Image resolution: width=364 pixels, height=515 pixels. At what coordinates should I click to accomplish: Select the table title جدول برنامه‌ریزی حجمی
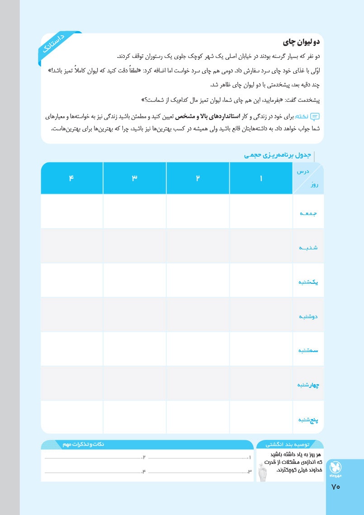(277, 155)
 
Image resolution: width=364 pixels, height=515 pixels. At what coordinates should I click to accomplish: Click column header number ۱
(261, 178)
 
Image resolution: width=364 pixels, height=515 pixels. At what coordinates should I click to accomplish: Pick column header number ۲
(198, 178)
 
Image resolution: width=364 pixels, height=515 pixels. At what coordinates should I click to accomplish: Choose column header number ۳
(134, 178)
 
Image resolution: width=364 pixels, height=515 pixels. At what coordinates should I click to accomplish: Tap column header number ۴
(71, 178)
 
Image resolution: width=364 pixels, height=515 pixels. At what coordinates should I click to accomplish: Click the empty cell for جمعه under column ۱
(261, 211)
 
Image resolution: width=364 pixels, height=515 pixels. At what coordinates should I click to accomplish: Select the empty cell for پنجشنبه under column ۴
(71, 417)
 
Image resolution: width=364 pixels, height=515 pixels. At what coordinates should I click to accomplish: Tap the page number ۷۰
(336, 487)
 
